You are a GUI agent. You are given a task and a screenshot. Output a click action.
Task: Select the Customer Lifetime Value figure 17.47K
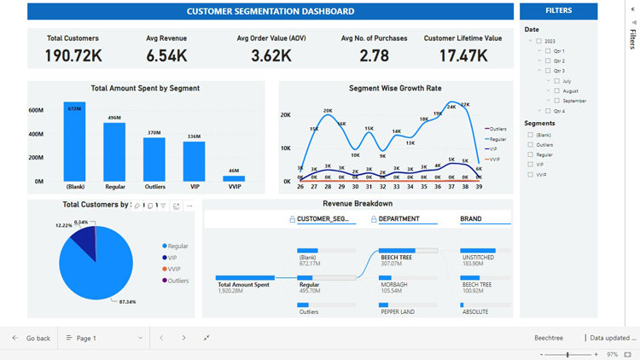[x=463, y=56]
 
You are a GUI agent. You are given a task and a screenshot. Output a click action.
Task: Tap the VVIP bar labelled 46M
[x=234, y=178]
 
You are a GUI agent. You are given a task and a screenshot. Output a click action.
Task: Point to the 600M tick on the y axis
[x=36, y=110]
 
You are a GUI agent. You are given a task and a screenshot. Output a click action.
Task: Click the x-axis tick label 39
[x=479, y=186]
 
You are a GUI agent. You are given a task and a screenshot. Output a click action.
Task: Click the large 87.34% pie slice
[x=94, y=273]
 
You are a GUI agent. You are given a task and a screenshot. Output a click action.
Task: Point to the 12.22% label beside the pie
[x=64, y=225]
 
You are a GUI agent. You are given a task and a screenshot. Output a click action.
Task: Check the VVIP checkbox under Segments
[x=531, y=174]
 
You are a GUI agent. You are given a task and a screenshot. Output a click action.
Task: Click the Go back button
[x=31, y=338]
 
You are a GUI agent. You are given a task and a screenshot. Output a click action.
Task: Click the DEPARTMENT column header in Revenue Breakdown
[x=399, y=218]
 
